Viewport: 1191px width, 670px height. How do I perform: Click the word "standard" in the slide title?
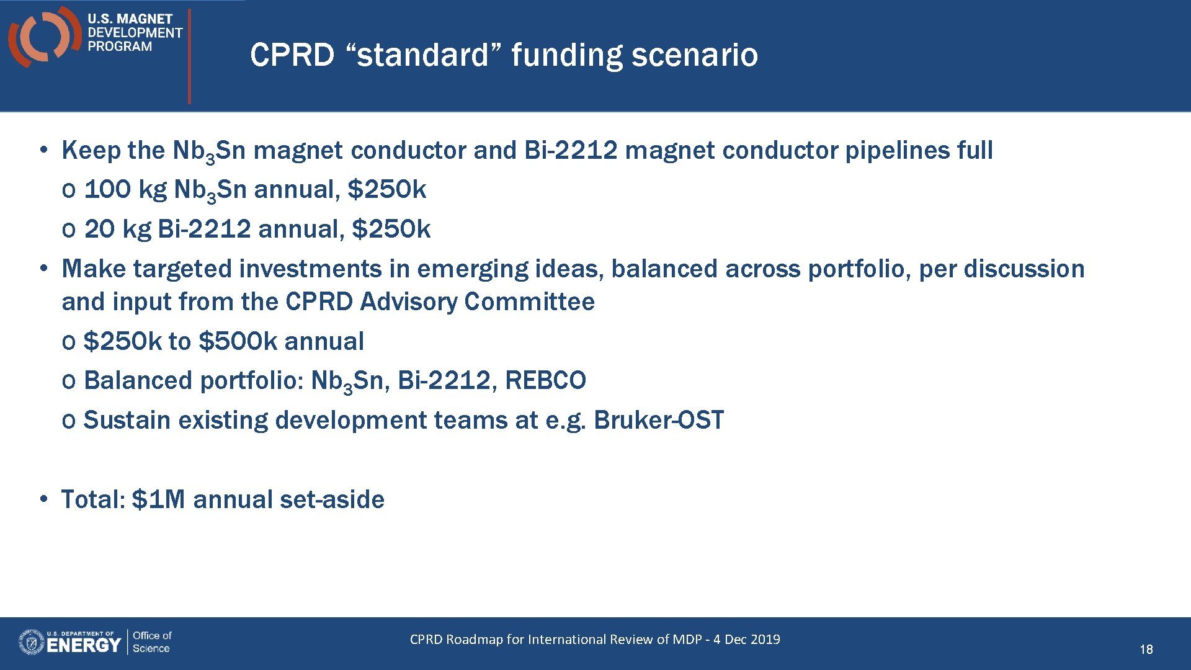pos(422,55)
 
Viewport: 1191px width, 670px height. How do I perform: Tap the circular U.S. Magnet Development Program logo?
pos(43,36)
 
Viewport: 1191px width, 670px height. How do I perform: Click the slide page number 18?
pos(1146,650)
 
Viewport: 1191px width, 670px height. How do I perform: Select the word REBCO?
pos(545,380)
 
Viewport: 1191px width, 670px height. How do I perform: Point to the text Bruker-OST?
pos(658,420)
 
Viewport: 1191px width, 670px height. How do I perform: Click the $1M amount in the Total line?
pos(158,499)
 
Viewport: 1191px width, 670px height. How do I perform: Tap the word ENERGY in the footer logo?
pos(83,645)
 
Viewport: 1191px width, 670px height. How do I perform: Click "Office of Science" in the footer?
pos(151,641)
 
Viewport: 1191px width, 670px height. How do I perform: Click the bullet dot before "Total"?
pos(43,499)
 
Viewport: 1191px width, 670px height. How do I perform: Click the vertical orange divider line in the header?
pos(189,56)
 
